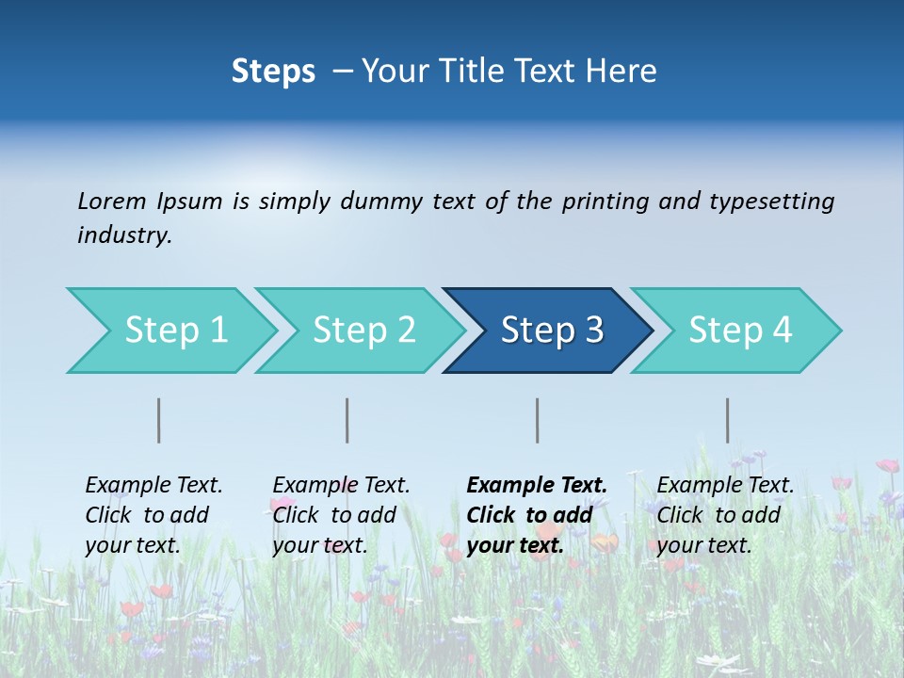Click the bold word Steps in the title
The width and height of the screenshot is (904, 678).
[x=273, y=72]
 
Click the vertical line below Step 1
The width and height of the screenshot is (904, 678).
[x=159, y=420]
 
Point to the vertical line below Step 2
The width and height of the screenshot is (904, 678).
[x=347, y=420]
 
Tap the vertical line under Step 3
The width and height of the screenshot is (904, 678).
[x=538, y=420]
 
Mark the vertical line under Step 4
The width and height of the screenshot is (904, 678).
[x=728, y=420]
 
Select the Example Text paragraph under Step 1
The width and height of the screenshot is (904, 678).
[x=153, y=515]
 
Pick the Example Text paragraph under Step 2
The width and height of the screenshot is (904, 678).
[x=341, y=515]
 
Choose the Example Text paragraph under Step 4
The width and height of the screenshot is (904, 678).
[x=725, y=515]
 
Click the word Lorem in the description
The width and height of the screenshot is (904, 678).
[x=112, y=202]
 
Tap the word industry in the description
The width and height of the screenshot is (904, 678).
[x=124, y=235]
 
